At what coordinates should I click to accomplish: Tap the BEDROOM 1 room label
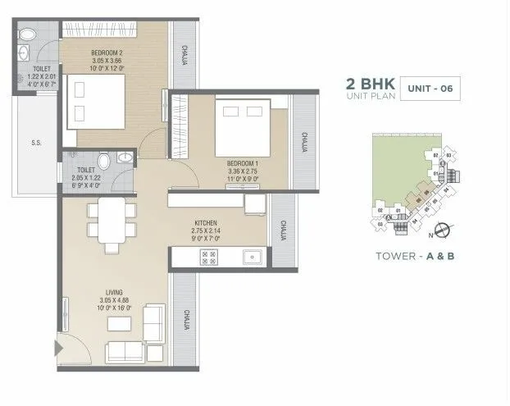point(242,163)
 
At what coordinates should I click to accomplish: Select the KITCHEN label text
point(205,222)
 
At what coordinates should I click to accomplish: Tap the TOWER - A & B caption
point(415,255)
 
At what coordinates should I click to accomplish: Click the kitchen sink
point(249,257)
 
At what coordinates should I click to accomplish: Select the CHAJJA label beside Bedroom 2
point(184,52)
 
